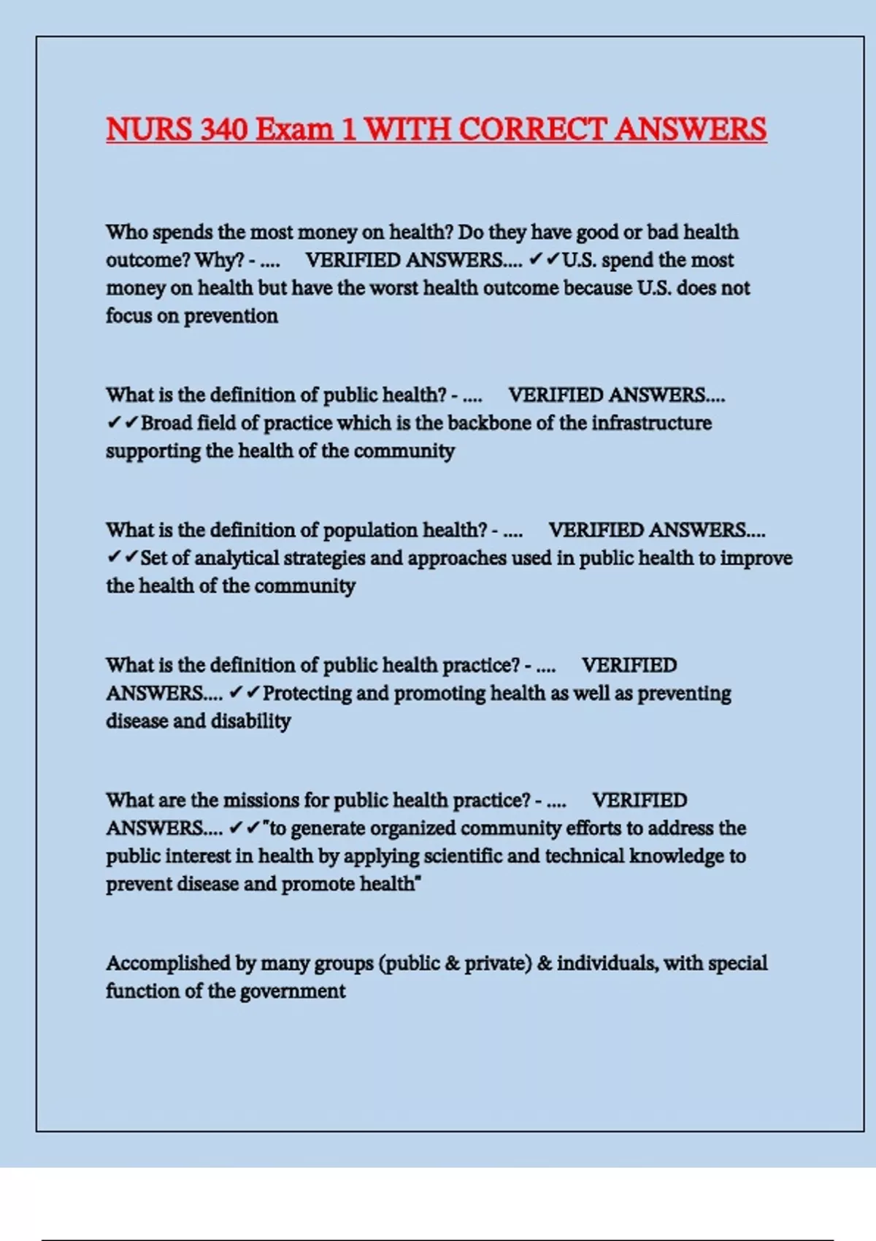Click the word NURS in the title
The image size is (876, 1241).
pos(149,129)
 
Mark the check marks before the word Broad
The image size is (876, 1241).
pos(122,423)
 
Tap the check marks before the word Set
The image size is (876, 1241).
pos(122,558)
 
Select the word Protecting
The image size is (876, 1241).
pos(307,693)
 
